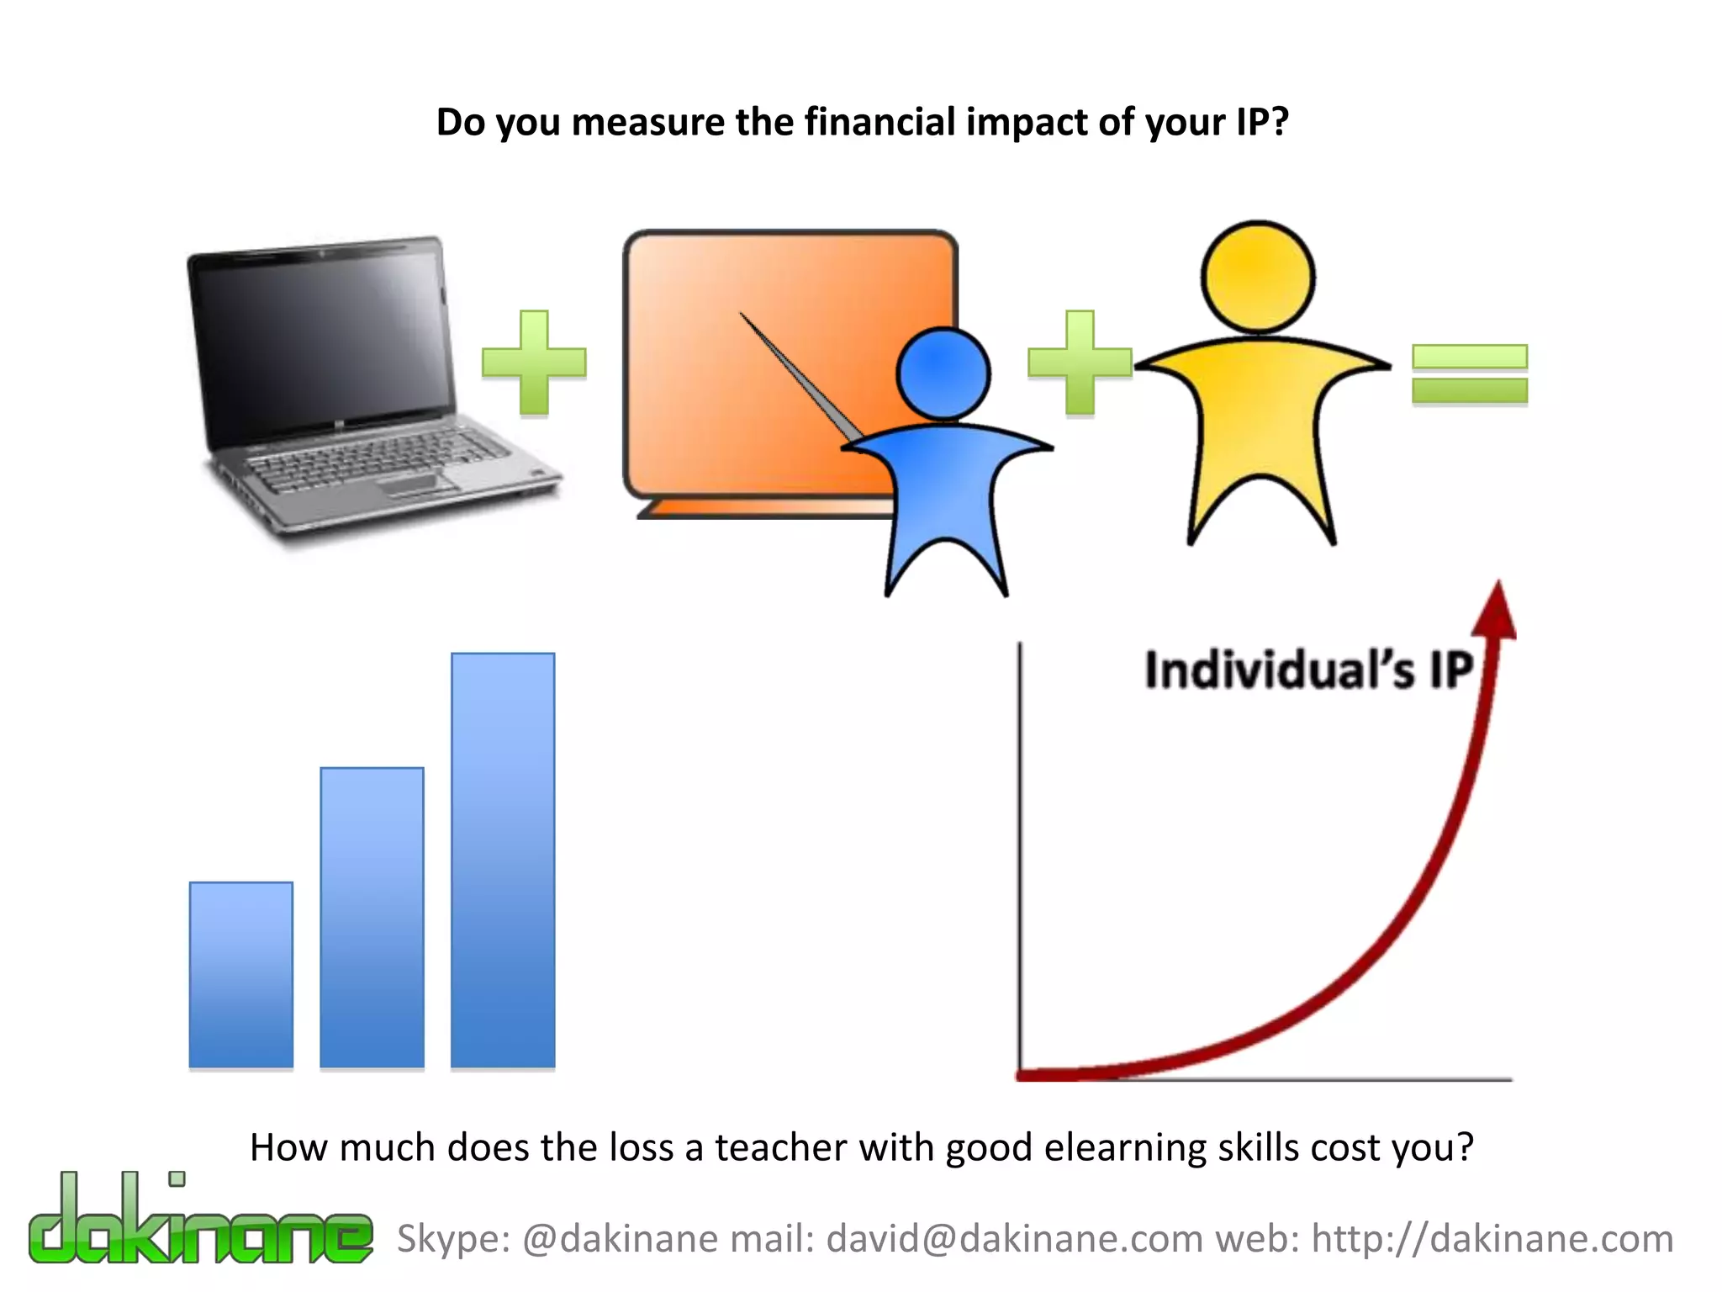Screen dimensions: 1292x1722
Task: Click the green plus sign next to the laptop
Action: [x=534, y=363]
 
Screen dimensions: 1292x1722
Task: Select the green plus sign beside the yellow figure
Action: [x=1080, y=363]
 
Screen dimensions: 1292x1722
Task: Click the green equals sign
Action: [x=1469, y=374]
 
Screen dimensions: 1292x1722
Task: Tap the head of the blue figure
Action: [x=943, y=373]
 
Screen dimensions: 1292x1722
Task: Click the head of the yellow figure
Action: [x=1257, y=278]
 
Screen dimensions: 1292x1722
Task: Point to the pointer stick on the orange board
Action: [x=799, y=374]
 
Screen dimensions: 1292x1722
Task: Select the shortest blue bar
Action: [x=241, y=974]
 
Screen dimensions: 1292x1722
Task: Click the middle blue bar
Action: [x=372, y=917]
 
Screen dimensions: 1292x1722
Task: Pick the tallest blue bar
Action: [x=503, y=860]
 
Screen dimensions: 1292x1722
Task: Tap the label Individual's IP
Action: [x=1308, y=671]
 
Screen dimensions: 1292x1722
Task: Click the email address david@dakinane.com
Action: [x=1015, y=1239]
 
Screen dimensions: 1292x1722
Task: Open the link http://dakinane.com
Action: [x=1492, y=1239]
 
